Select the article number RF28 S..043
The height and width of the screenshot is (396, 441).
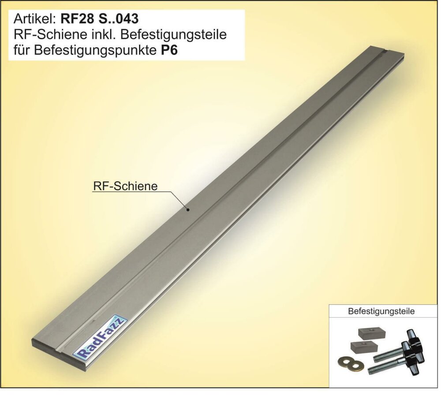100,19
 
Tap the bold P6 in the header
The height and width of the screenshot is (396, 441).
169,50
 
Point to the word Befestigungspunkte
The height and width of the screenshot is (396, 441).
95,51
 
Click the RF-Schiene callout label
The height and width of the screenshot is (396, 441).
125,186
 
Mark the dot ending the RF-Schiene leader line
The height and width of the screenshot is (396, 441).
188,209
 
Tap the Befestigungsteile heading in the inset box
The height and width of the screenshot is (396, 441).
381,311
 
